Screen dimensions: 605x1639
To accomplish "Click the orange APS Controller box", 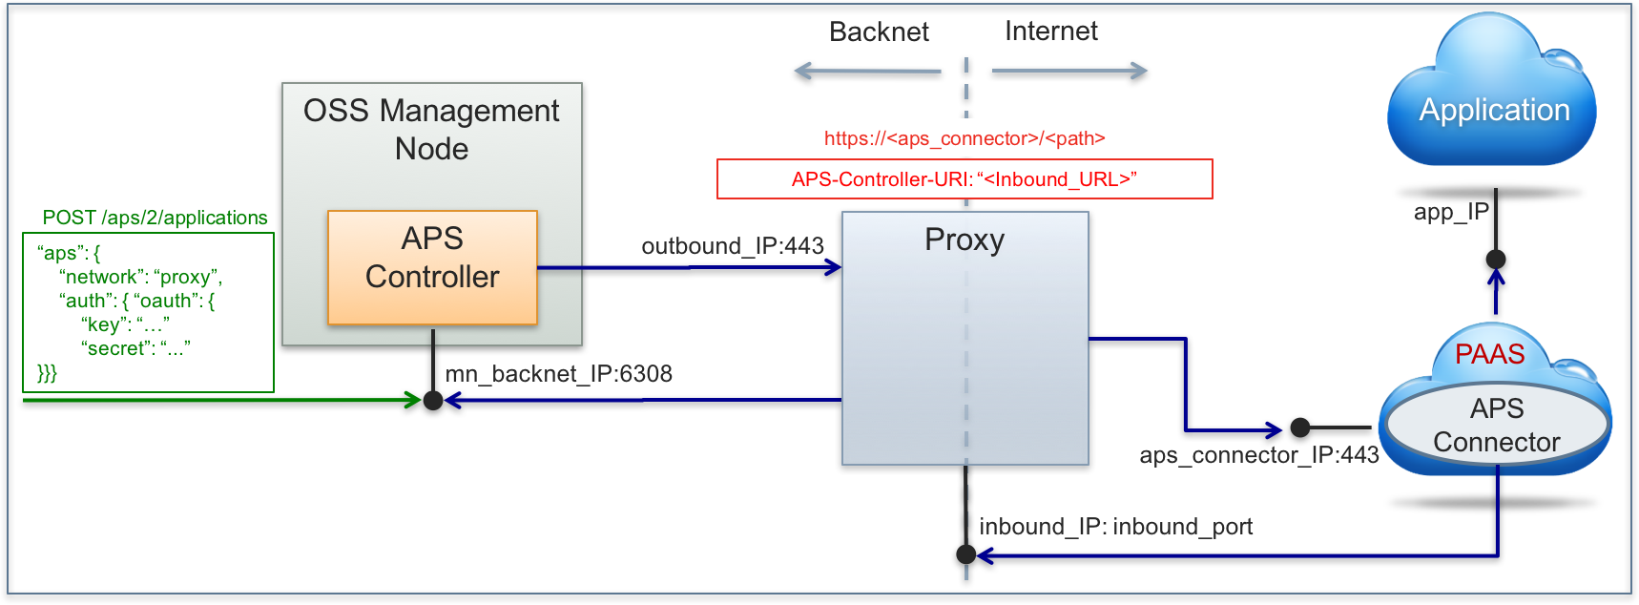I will pos(432,268).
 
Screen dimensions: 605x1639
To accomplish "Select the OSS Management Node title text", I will pos(431,130).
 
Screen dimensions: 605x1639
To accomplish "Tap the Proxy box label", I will pos(965,240).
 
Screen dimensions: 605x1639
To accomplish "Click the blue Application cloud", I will pos(1493,110).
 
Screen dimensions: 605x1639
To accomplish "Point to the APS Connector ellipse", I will pos(1496,426).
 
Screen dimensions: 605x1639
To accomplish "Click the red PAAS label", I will pos(1489,354).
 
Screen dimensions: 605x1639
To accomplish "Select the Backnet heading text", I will pos(879,32).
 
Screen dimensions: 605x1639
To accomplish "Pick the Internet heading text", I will pos(1050,31).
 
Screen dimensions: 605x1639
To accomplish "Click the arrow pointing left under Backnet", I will pos(866,71).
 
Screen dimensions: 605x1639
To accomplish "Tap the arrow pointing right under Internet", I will pos(1069,71).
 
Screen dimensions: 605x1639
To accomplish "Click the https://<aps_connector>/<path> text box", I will pos(965,138).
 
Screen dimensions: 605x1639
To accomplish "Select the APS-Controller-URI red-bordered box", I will pos(965,179).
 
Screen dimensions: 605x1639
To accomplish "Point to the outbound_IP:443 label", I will pos(732,246).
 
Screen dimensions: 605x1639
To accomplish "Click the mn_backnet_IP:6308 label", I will pos(558,374).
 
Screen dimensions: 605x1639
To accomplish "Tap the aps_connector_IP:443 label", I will pos(1258,455).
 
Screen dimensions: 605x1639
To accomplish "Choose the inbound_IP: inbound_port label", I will pos(1115,527).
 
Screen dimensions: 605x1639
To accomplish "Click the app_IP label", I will pos(1451,212).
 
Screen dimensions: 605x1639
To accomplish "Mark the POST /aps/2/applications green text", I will pos(155,218).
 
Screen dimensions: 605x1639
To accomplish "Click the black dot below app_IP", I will pos(1496,259).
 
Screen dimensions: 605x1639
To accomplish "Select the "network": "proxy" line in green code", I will pos(140,277).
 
